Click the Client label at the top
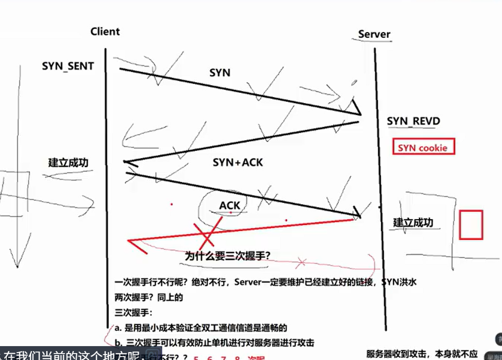click(105, 32)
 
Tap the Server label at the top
click(374, 34)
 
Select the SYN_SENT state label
click(68, 66)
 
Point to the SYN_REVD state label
click(413, 121)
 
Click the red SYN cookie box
click(423, 148)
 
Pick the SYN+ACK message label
click(238, 162)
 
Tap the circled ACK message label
click(230, 205)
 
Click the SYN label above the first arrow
click(220, 72)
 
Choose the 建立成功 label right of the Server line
click(413, 222)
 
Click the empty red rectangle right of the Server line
click(470, 225)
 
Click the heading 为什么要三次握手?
click(228, 256)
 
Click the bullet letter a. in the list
click(118, 328)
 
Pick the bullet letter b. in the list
click(118, 343)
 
